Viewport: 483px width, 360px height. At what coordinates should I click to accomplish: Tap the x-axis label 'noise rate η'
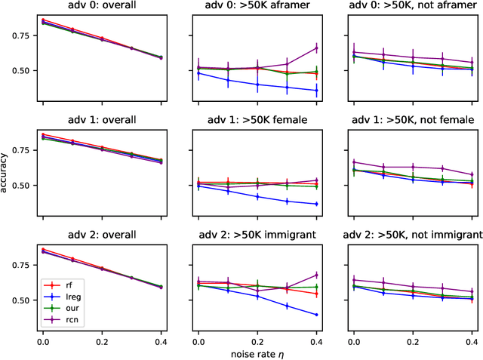[255, 353]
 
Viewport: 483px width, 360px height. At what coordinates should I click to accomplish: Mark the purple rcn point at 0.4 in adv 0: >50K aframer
[316, 48]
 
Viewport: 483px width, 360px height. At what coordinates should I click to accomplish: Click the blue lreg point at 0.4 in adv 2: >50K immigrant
[316, 315]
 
